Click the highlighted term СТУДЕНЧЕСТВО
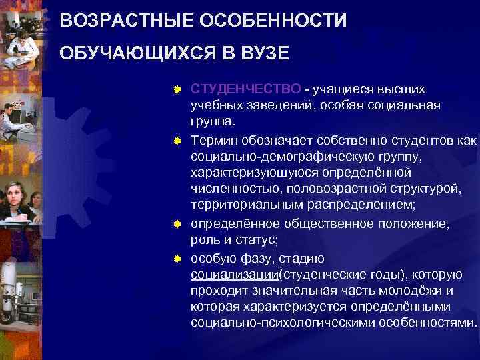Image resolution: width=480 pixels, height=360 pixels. tap(245, 89)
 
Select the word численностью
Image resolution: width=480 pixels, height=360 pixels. tap(231, 191)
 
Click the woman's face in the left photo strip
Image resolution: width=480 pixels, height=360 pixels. tap(15, 194)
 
